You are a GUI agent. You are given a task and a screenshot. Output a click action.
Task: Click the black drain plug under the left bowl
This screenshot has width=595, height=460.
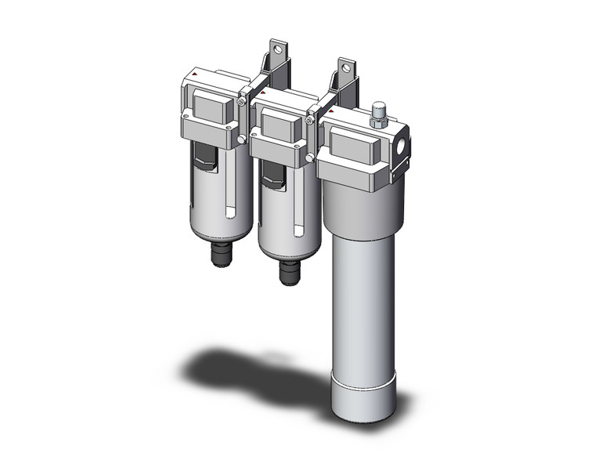tap(217, 255)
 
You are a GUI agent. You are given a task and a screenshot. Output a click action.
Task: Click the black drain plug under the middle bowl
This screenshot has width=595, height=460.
tap(287, 273)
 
